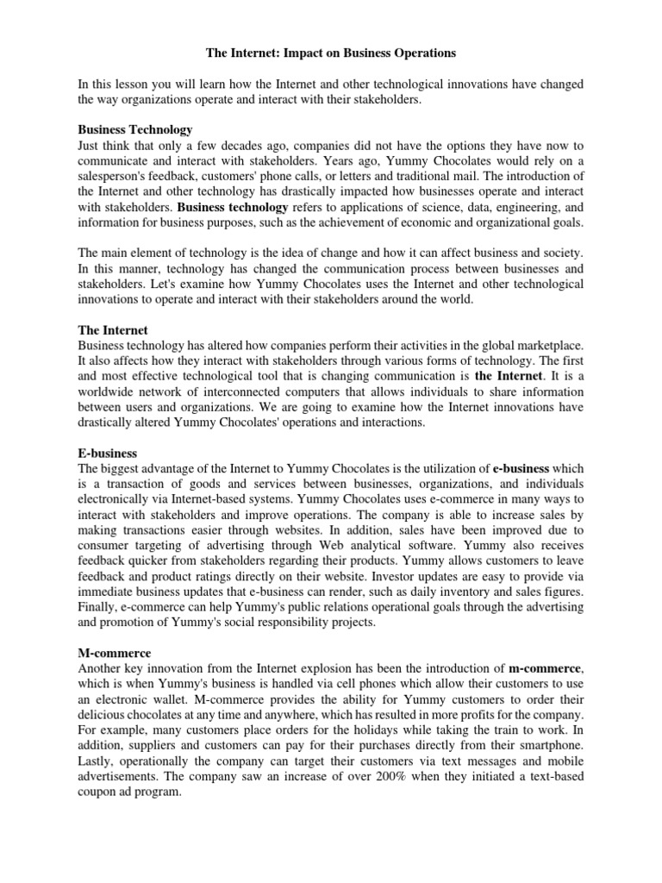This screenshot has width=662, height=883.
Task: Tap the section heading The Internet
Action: coord(113,330)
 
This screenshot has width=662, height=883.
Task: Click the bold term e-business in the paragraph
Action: coord(520,467)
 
